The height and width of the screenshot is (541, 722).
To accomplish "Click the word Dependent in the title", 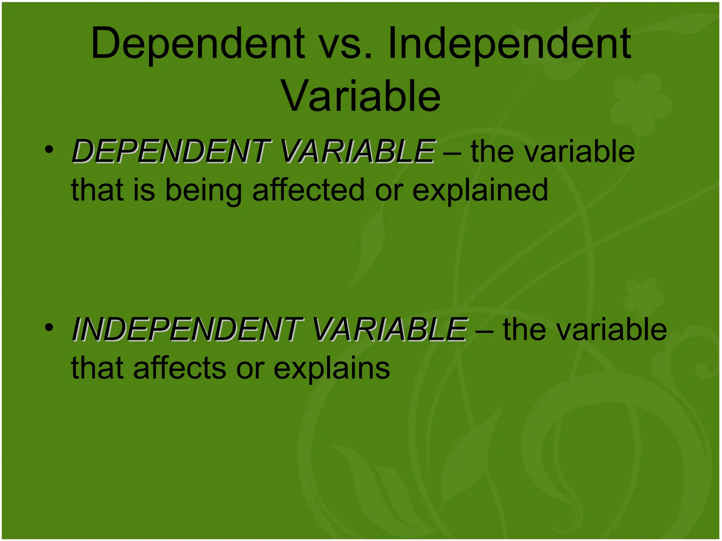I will tap(197, 44).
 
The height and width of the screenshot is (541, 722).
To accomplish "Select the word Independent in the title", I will tap(509, 44).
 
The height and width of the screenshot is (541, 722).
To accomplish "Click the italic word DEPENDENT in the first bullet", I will tap(171, 151).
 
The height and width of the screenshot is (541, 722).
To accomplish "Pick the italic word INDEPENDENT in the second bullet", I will tap(187, 329).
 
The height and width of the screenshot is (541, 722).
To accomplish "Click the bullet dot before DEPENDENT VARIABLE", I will tap(49, 149).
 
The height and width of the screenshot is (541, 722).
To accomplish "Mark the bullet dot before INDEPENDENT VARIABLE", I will tap(49, 327).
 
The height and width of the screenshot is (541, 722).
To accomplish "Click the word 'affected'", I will tap(308, 190).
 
